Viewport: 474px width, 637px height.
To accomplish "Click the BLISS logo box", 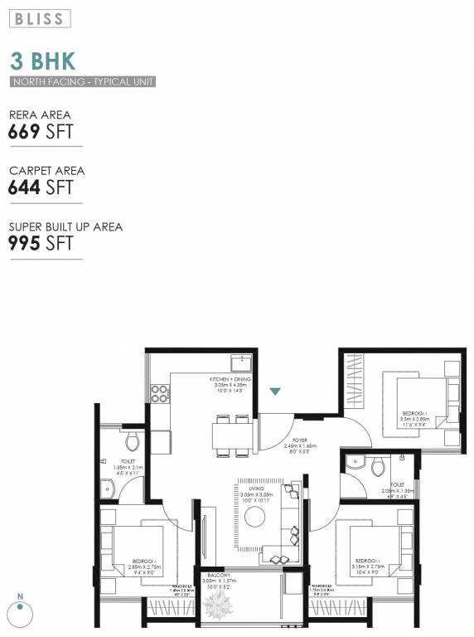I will pyautogui.click(x=41, y=17).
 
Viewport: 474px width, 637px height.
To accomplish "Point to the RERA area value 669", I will pyautogui.click(x=24, y=131).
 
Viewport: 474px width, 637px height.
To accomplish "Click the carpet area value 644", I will pyautogui.click(x=24, y=187).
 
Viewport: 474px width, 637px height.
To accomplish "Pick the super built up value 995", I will pyautogui.click(x=24, y=243).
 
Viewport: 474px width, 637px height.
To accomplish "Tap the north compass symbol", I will pyautogui.click(x=19, y=610).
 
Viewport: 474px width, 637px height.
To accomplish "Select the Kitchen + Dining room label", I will pyautogui.click(x=233, y=385).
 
